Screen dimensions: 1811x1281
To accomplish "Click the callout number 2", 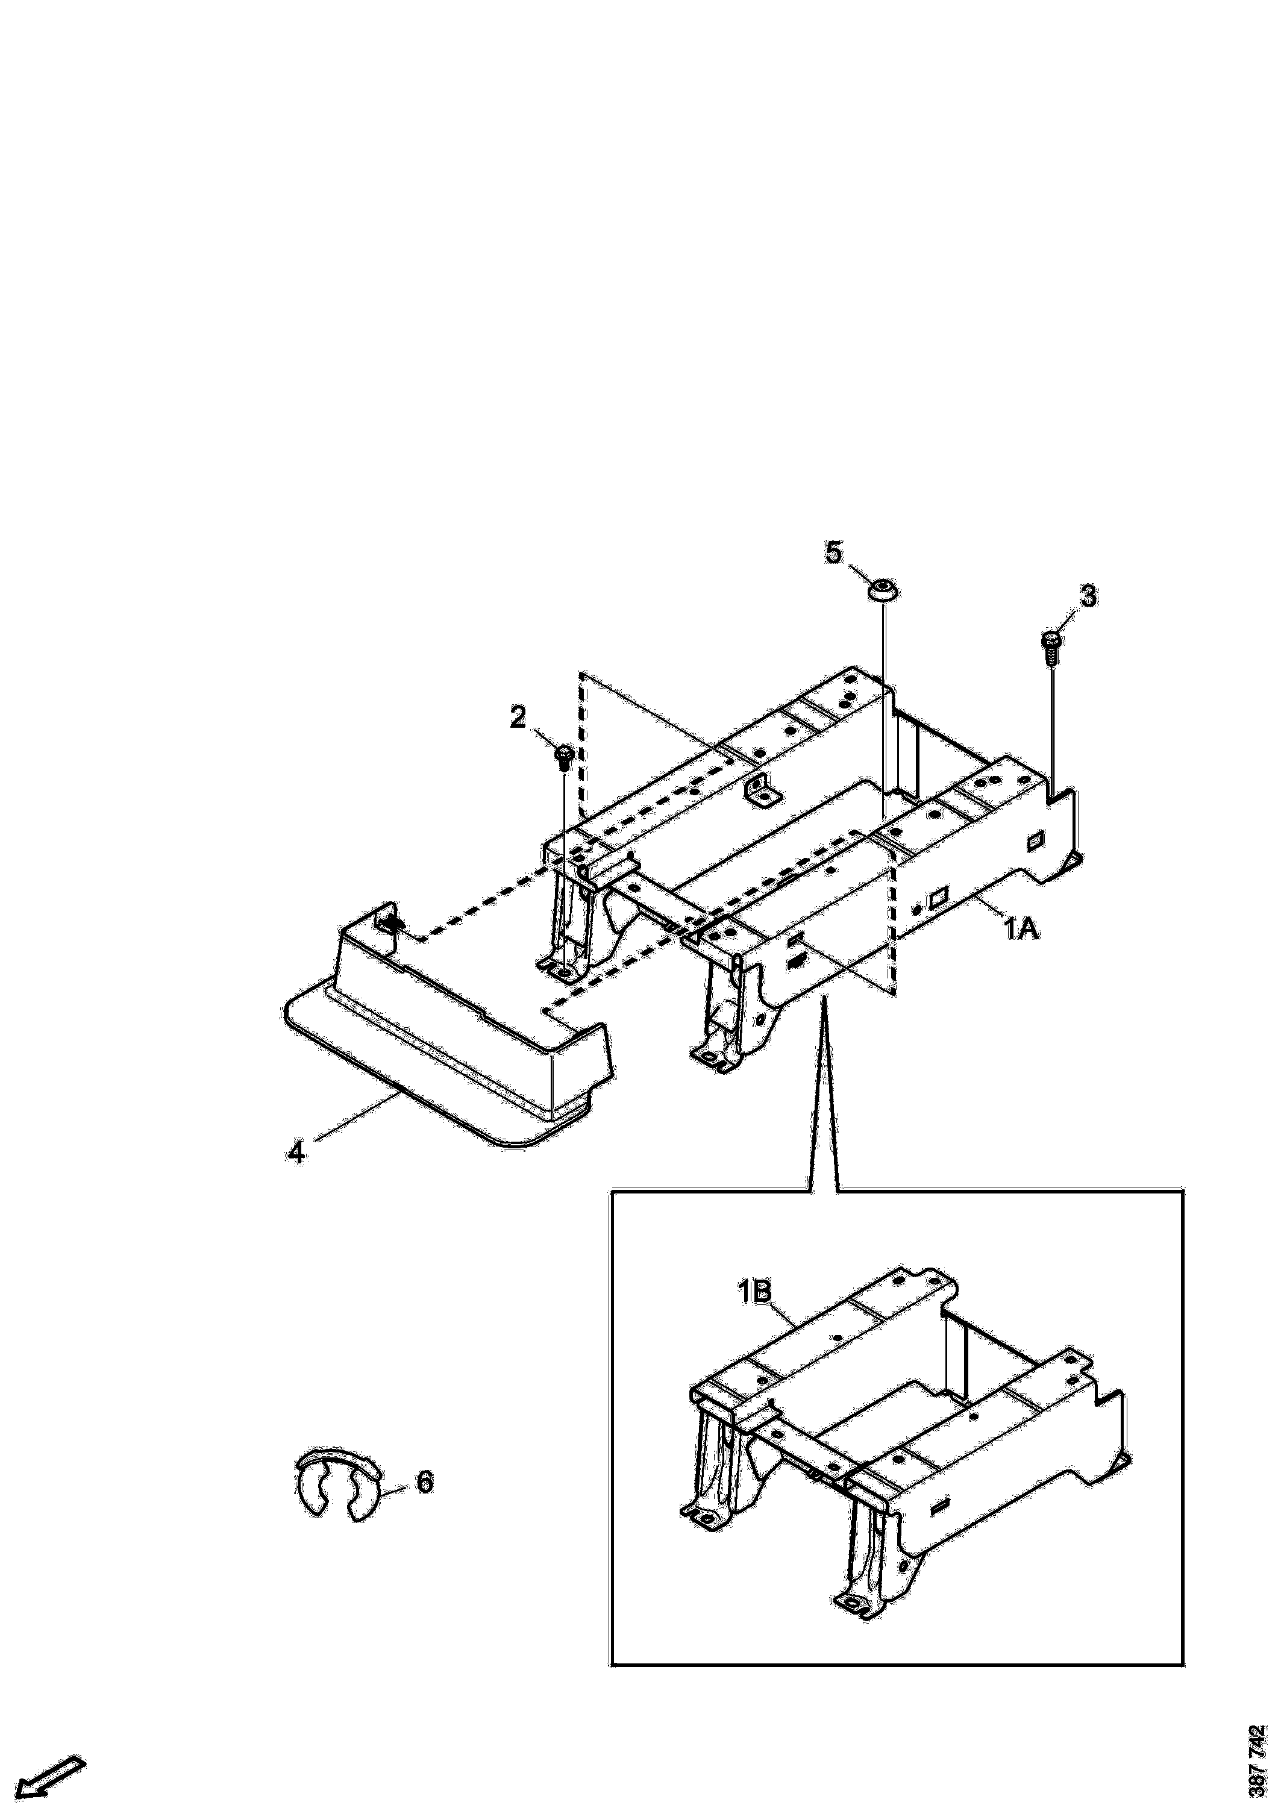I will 518,719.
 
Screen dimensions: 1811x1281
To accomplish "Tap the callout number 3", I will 1087,597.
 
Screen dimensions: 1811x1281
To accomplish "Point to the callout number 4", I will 295,1153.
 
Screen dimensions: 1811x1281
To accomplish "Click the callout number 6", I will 424,1482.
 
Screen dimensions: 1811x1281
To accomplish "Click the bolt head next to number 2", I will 563,758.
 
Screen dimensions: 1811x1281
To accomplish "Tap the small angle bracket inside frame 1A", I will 761,790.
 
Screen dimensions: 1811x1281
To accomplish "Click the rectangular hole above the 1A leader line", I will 939,897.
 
